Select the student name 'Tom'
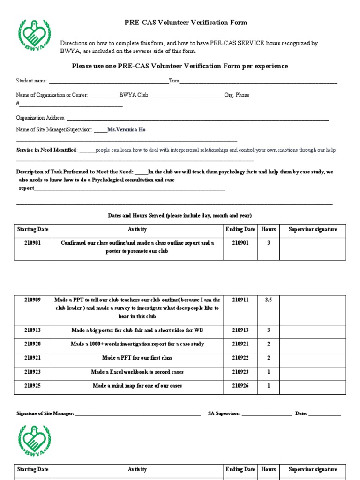pos(174,81)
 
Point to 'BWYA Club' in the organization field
pos(134,95)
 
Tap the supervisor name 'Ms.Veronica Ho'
pos(127,129)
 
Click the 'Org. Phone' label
pos(237,95)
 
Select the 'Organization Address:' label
pos(41,118)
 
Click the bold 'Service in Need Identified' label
pos(46,150)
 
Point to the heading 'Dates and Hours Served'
pos(180,215)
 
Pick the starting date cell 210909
pos(33,300)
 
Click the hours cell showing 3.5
pos(268,300)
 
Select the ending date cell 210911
pos(240,300)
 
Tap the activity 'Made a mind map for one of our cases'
pos(137,386)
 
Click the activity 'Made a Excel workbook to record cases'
pos(137,372)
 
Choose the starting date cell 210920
pos(33,344)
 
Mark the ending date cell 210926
pos(240,386)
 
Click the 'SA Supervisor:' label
pos(224,413)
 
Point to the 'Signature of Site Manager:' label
pos(45,413)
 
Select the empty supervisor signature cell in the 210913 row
pos(313,330)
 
